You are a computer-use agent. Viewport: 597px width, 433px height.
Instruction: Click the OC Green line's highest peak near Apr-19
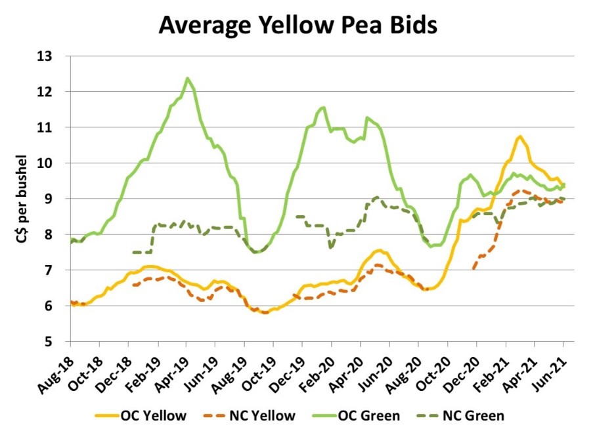pyautogui.click(x=187, y=78)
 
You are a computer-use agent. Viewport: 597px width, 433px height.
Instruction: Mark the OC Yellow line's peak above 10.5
pyautogui.click(x=520, y=136)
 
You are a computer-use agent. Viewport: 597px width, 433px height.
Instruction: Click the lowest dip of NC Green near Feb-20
pyautogui.click(x=330, y=247)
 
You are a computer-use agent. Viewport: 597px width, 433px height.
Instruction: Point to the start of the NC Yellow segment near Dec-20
pyautogui.click(x=472, y=268)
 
